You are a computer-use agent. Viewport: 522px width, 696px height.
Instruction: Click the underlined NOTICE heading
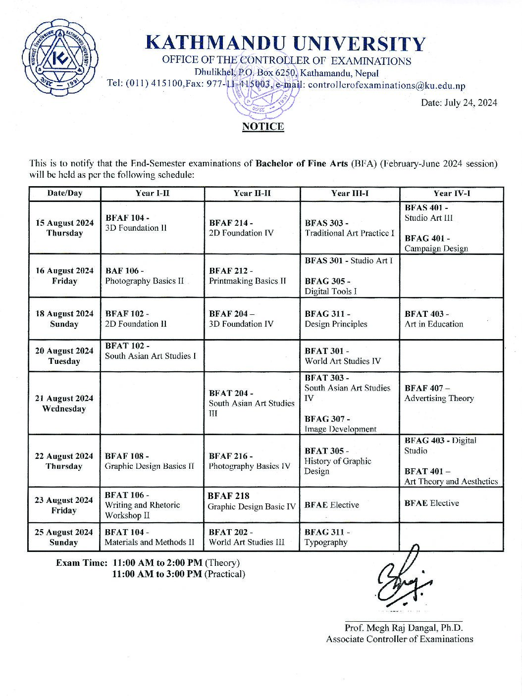[x=262, y=127]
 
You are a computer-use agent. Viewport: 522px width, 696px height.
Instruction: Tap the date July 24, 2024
[x=459, y=103]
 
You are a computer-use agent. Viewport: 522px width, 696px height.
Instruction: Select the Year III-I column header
[x=350, y=193]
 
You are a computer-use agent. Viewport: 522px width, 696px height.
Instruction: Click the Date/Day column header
[x=64, y=193]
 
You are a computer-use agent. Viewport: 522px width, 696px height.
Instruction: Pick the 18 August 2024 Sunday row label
[x=64, y=319]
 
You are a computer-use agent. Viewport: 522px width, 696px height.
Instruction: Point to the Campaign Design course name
[x=436, y=249]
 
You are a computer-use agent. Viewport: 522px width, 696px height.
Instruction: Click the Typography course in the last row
[x=326, y=542]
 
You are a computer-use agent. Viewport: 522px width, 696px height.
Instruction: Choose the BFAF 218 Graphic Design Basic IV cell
[x=252, y=501]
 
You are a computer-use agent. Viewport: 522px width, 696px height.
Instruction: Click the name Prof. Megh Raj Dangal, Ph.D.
[x=404, y=628]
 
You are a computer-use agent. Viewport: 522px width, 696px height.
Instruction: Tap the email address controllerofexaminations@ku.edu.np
[x=386, y=85]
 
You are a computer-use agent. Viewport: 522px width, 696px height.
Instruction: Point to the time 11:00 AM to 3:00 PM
[x=157, y=574]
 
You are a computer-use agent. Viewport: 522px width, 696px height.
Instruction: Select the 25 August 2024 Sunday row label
[x=64, y=537]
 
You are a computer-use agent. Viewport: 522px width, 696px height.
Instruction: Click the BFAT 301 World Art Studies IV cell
[x=343, y=356]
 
